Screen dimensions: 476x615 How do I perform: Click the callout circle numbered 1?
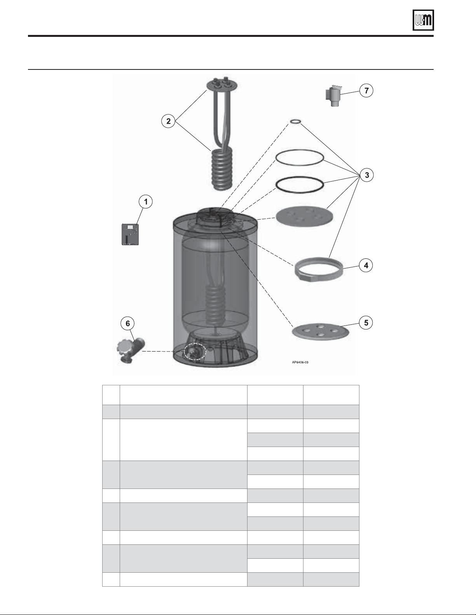pos(146,202)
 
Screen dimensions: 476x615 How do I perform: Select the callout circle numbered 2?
pos(169,121)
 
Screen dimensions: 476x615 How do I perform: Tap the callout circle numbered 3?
pos(367,175)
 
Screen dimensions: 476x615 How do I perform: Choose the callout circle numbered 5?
pos(366,323)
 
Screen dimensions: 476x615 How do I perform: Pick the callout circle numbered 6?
pos(128,324)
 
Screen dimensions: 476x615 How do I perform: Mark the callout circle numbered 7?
pos(367,90)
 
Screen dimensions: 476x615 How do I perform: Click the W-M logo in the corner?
pos(423,21)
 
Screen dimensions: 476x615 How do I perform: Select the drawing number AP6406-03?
pos(300,362)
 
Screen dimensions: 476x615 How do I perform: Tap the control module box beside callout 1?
pos(130,234)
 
